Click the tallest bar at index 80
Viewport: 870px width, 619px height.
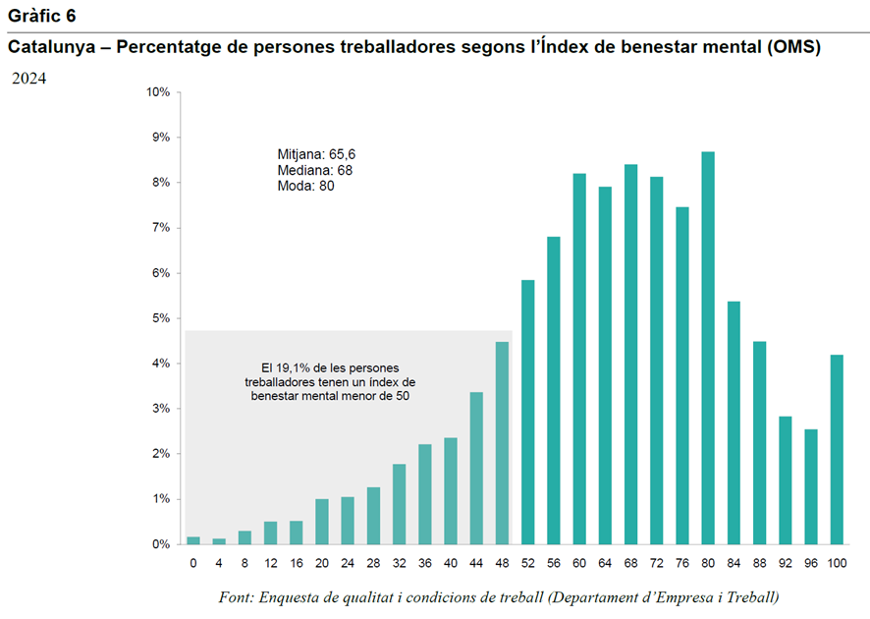click(x=708, y=348)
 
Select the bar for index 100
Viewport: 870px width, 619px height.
click(x=837, y=449)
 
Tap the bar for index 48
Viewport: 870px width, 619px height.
click(x=502, y=442)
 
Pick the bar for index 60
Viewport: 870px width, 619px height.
click(x=579, y=359)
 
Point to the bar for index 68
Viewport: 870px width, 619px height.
click(x=630, y=354)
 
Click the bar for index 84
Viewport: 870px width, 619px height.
click(x=734, y=422)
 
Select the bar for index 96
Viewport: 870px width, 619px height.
click(x=811, y=486)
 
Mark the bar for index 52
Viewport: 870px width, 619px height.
click(x=528, y=412)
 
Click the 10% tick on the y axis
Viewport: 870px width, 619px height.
click(x=158, y=92)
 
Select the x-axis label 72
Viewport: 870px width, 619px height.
click(x=657, y=563)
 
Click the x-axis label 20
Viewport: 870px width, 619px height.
click(x=322, y=563)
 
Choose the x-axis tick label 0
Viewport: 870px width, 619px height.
click(x=193, y=563)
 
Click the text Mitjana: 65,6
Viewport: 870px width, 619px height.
click(x=315, y=154)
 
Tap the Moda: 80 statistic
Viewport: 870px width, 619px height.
click(x=306, y=186)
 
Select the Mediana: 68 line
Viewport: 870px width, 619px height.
click(x=314, y=170)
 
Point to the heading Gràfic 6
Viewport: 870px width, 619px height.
click(x=41, y=17)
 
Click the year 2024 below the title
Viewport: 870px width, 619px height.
click(x=28, y=80)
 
